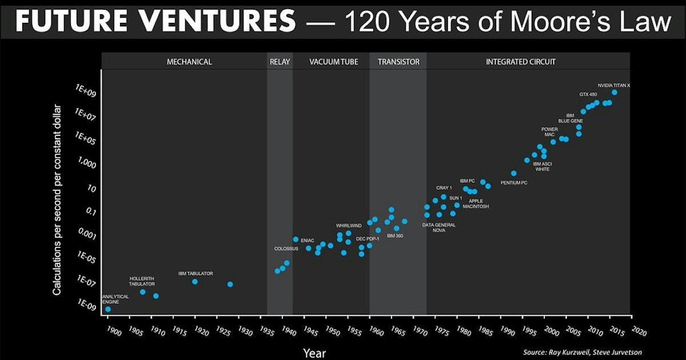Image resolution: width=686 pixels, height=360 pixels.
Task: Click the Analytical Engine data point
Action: point(108,309)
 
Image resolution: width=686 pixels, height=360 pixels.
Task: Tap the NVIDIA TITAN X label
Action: point(614,85)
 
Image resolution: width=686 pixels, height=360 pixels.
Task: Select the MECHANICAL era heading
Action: point(189,62)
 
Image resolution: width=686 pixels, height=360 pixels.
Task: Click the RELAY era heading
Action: point(280,62)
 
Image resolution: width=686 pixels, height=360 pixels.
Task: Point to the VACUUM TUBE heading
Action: point(333,62)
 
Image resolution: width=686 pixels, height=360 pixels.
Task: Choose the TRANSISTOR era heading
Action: point(398,62)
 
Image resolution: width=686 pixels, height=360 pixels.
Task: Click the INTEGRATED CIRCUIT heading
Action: point(521,62)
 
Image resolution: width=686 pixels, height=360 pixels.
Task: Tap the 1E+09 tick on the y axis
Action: point(86,91)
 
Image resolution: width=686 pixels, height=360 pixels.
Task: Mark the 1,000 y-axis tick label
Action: point(87,162)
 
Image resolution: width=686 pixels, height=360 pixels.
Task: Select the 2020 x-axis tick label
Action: point(639,331)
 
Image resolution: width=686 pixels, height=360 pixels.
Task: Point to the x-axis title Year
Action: point(314,353)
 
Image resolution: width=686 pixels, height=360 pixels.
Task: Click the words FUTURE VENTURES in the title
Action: point(155,21)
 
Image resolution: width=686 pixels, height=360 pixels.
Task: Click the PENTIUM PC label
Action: point(514,183)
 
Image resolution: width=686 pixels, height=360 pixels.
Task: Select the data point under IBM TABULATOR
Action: point(195,282)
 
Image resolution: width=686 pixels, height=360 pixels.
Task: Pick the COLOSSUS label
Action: point(286,249)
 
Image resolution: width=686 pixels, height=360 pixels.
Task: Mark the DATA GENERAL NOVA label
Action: point(439,227)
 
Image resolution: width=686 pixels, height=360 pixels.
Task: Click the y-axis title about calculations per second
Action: point(57,200)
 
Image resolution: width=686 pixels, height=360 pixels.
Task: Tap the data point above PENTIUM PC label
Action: point(513,173)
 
